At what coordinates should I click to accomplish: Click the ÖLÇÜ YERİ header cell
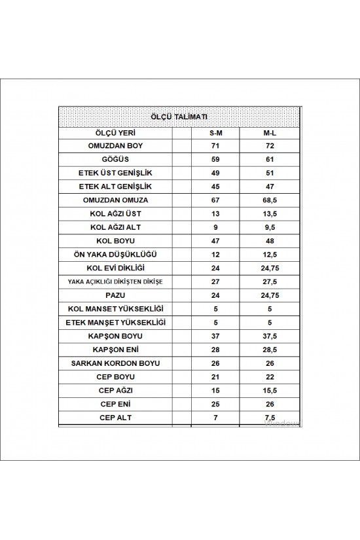tap(115, 132)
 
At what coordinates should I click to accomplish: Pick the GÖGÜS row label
tap(115, 159)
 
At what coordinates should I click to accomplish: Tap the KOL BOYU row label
tap(115, 240)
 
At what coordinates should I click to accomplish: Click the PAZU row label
tap(115, 295)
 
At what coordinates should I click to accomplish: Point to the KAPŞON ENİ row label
tap(115, 349)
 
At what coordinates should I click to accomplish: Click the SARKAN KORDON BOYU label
tap(115, 363)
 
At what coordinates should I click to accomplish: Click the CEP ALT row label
tap(115, 417)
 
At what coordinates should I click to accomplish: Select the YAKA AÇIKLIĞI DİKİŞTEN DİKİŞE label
tap(115, 281)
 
